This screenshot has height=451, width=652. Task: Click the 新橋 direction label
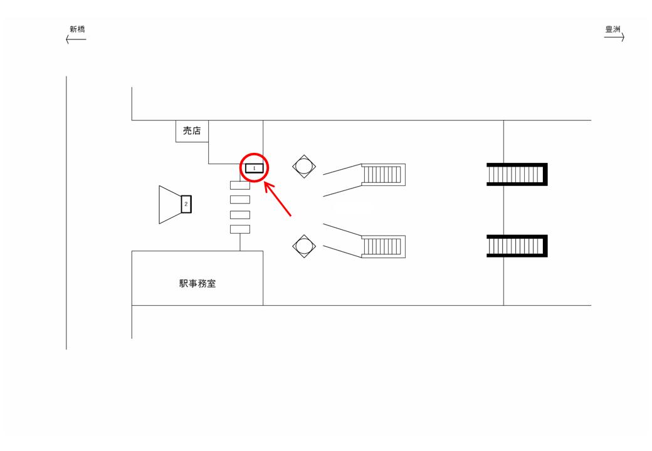coord(77,29)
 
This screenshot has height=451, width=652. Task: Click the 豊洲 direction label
coord(613,29)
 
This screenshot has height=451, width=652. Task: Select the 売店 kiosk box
coord(191,131)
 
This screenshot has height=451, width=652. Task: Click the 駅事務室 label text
coord(198,284)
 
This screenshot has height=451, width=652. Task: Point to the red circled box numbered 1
coord(255,168)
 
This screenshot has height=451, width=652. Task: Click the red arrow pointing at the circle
coord(278,200)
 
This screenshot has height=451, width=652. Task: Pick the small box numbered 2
coord(186,204)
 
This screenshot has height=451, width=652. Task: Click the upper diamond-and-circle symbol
coord(304,167)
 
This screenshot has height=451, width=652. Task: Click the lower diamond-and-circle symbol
coord(304,246)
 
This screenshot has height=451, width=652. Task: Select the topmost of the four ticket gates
coord(240,185)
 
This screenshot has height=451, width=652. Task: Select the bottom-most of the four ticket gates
coord(240,229)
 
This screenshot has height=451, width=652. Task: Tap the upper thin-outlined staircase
coord(383,175)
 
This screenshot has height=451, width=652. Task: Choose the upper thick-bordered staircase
coord(517,174)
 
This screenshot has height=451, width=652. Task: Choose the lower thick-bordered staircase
coord(517,246)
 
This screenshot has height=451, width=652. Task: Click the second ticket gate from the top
coord(240,200)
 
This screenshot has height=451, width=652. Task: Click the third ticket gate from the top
coord(240,215)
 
